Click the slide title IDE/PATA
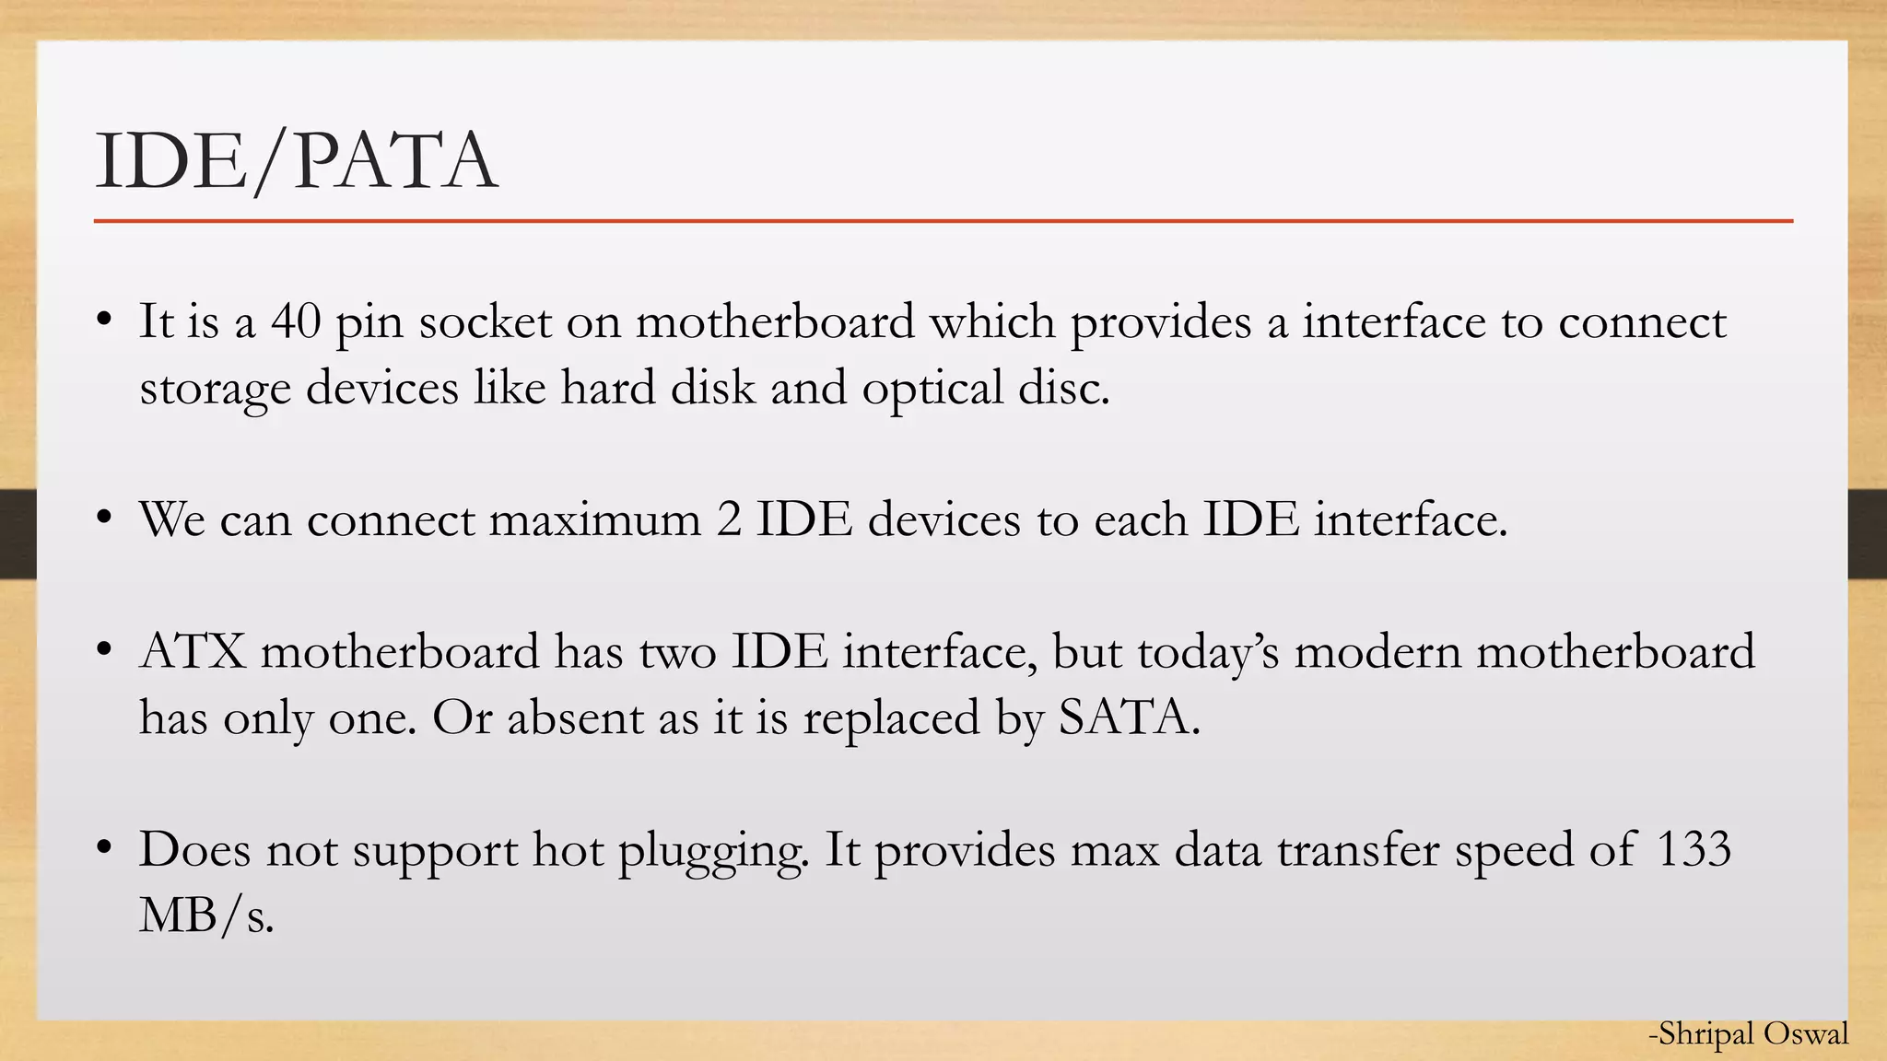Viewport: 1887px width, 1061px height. click(x=296, y=161)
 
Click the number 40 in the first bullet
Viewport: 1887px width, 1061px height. click(x=296, y=322)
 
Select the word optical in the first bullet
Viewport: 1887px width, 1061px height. click(x=932, y=389)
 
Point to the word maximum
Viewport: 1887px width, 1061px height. click(x=594, y=520)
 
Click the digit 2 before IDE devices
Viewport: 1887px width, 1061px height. click(x=728, y=520)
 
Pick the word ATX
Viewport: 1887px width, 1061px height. click(x=193, y=652)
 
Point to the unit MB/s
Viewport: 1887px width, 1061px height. click(x=206, y=915)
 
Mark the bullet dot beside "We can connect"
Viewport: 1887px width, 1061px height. click(x=104, y=519)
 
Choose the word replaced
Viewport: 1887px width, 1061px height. click(x=891, y=717)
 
